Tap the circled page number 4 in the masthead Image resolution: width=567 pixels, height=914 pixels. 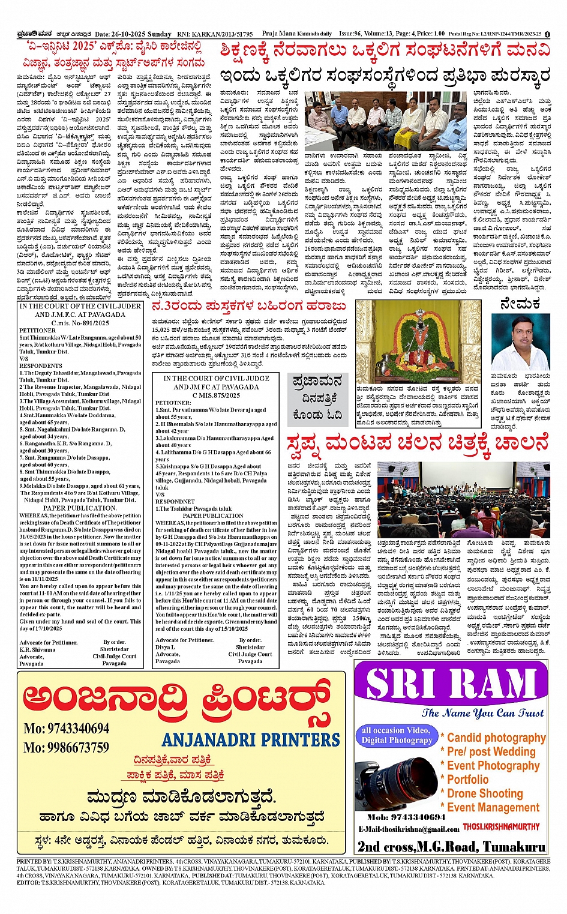(x=547, y=34)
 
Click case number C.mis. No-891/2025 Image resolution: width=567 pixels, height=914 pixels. (x=80, y=323)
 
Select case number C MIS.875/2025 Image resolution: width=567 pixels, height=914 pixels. (x=216, y=395)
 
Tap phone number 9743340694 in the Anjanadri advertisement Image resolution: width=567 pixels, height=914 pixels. (x=67, y=729)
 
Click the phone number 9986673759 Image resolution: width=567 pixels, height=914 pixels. (x=67, y=748)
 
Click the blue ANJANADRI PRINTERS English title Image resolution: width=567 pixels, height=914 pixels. (x=251, y=740)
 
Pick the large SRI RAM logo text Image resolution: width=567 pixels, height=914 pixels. (x=451, y=684)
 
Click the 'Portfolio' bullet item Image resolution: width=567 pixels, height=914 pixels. (x=468, y=780)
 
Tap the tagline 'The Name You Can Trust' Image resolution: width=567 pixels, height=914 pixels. (x=482, y=713)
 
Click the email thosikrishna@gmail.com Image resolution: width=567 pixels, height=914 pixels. (x=409, y=829)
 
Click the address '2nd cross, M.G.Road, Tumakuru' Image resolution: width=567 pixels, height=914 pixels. (x=451, y=846)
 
